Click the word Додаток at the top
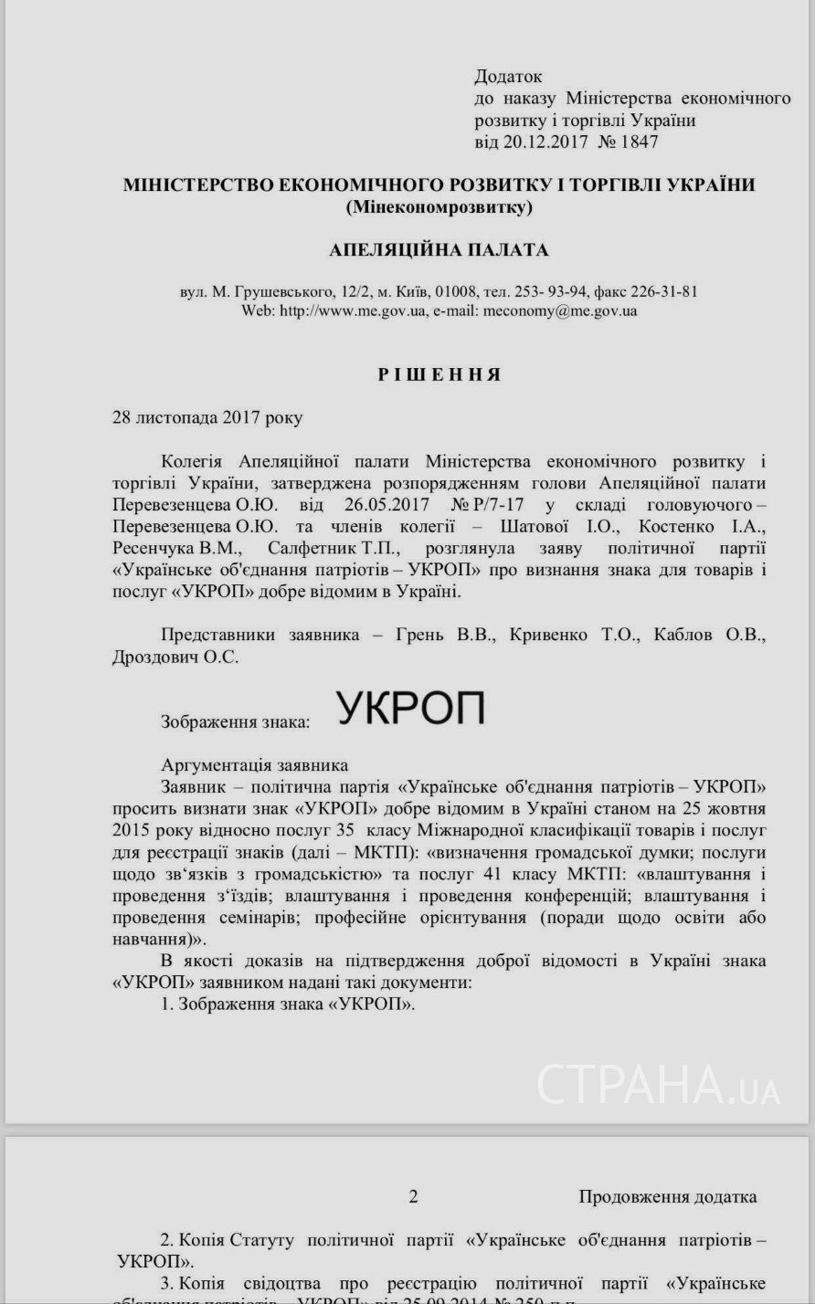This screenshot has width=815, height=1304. pos(508,77)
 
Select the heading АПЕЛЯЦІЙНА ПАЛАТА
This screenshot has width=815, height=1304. pos(439,249)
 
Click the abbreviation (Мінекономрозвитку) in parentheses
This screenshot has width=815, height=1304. pos(439,207)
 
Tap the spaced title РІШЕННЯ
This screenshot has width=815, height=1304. pos(439,374)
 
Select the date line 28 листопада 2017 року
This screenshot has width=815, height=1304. pos(206,418)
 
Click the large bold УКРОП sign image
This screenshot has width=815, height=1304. pos(410,709)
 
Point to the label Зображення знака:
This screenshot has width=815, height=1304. pos(235,721)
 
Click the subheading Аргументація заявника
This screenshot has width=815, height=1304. pos(254,765)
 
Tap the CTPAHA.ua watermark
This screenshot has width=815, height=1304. pos(657,1084)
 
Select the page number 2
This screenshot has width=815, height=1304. pos(413,1196)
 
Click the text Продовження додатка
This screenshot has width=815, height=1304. pos(667,1196)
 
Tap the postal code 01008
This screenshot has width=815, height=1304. pos(453,292)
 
